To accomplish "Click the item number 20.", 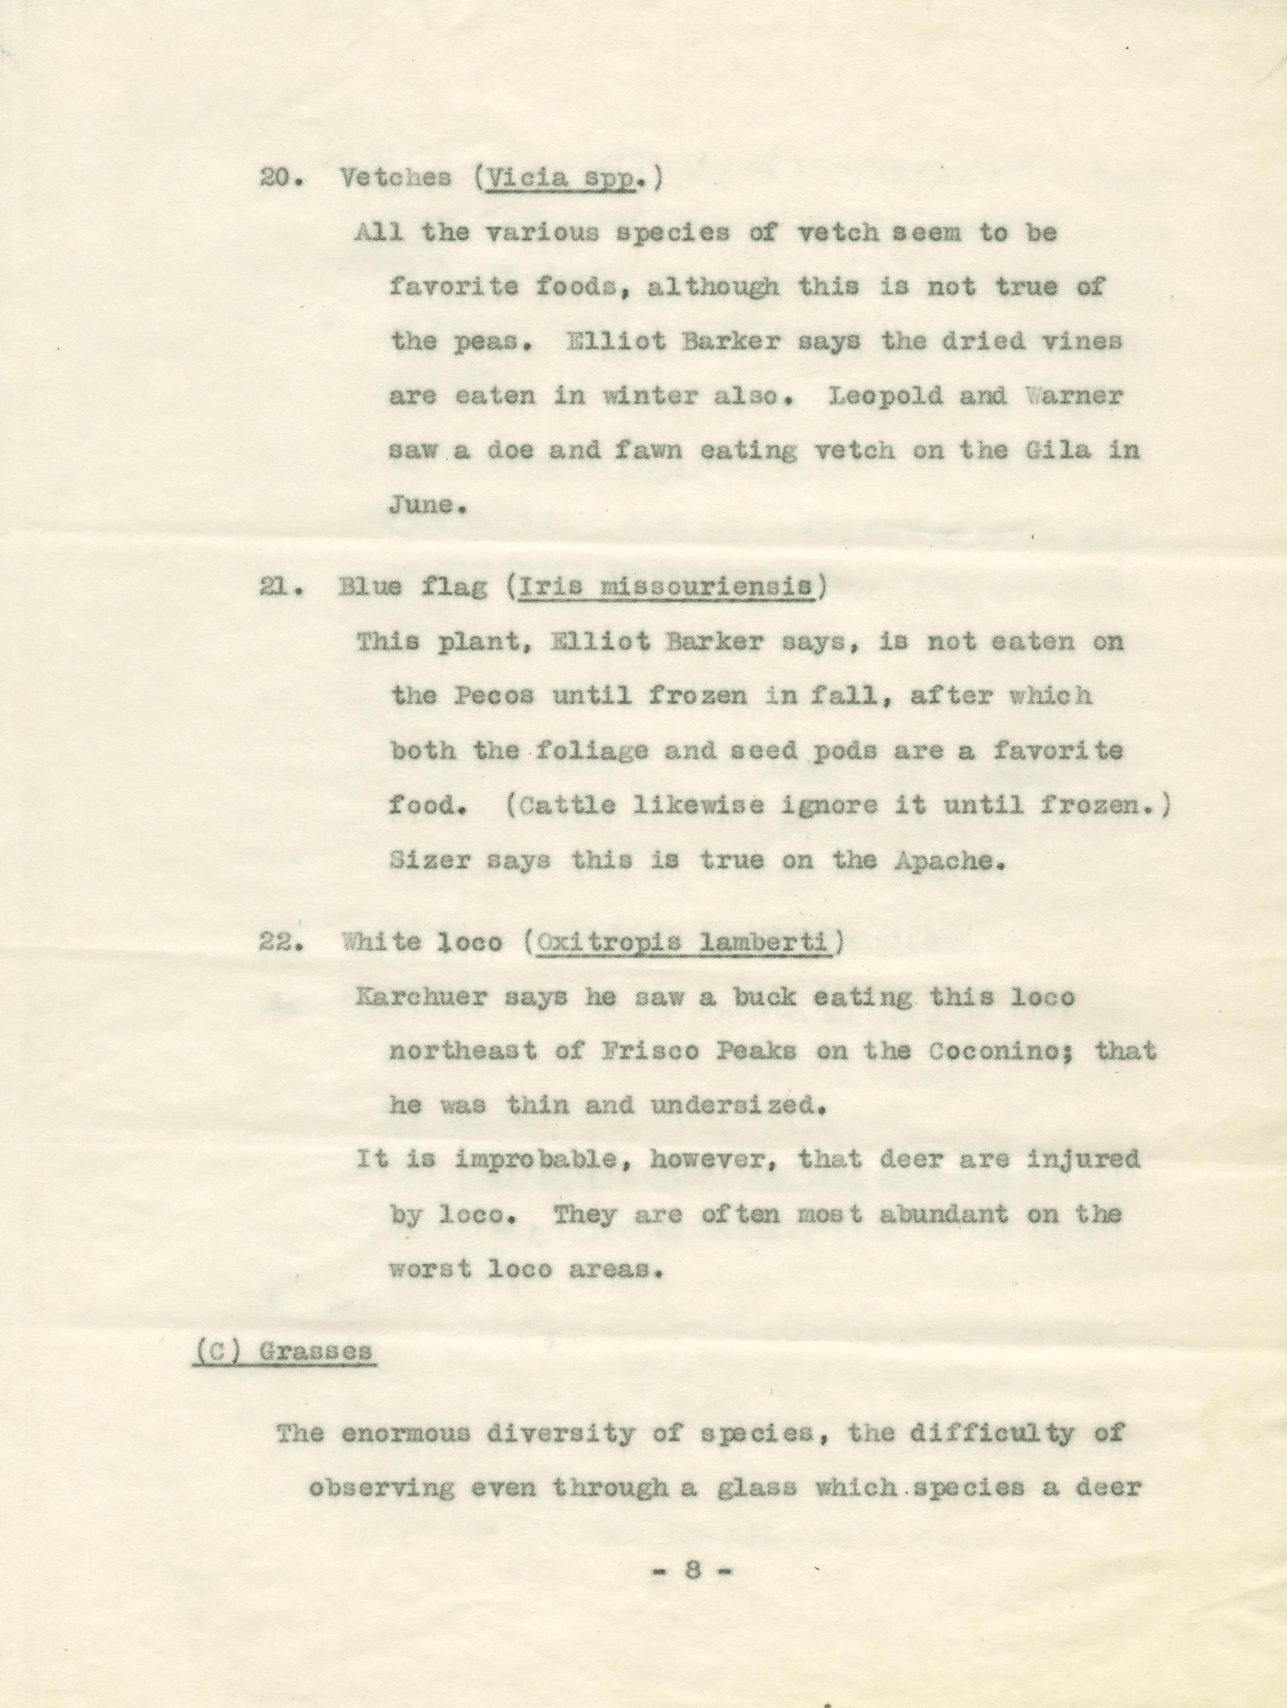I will tap(275, 178).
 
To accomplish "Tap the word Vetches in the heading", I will tap(395, 178).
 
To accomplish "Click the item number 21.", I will tap(275, 587).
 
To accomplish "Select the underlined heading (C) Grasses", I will tap(284, 1351).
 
